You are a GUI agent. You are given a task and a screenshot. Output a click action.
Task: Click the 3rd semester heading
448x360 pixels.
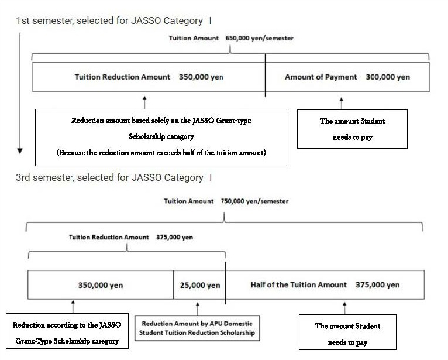point(113,177)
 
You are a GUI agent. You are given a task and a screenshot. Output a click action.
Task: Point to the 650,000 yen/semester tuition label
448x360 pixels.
point(231,38)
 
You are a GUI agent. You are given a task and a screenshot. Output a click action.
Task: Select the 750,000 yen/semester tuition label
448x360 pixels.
point(226,201)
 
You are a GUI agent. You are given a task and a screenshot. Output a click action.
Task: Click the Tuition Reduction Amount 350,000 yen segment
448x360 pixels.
point(149,77)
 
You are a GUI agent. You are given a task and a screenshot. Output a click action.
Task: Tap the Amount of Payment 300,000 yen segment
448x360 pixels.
point(347,77)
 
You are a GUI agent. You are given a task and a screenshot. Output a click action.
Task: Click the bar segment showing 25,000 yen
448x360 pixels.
point(199,285)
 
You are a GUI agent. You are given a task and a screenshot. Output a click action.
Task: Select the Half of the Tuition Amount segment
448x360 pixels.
point(325,285)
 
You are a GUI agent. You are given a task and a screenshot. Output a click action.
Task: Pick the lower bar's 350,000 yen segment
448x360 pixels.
point(100,285)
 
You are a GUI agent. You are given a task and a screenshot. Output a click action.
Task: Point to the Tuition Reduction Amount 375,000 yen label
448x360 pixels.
point(131,238)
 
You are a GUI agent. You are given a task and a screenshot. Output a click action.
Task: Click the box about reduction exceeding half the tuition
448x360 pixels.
point(161,137)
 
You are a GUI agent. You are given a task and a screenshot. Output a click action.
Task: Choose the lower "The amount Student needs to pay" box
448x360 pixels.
point(347,334)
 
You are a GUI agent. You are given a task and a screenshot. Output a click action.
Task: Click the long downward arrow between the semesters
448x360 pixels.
point(20,94)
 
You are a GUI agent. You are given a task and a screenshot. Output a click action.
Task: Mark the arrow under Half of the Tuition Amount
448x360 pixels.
point(344,307)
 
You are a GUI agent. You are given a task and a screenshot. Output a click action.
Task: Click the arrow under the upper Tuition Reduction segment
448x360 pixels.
point(144,101)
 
